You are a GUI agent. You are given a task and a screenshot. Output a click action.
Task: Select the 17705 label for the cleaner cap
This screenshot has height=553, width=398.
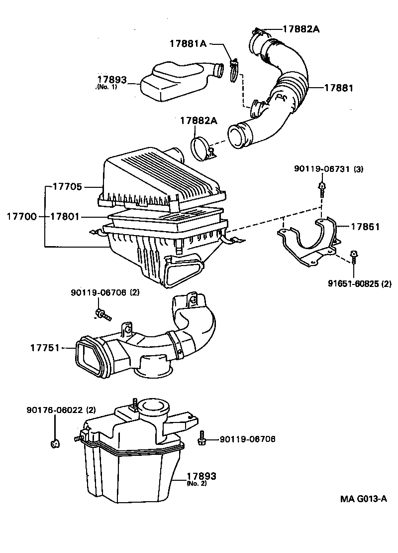click(x=64, y=187)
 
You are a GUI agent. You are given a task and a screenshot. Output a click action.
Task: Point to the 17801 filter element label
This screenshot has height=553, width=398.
click(x=64, y=217)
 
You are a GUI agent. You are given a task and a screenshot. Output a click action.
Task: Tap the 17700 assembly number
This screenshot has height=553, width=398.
click(x=21, y=217)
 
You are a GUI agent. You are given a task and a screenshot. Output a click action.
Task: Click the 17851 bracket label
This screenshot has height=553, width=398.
click(x=365, y=227)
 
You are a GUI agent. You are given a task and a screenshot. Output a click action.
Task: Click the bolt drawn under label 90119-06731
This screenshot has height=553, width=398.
click(x=322, y=189)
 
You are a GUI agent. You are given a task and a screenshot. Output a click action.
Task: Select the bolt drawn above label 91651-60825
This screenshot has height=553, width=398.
click(x=353, y=257)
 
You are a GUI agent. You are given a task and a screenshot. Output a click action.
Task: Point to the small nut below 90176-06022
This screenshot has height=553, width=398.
click(x=56, y=442)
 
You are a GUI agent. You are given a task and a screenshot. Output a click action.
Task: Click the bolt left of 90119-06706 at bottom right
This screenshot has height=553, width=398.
click(x=202, y=438)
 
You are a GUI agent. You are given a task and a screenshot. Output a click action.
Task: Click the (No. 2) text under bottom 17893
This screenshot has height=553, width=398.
click(x=197, y=483)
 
